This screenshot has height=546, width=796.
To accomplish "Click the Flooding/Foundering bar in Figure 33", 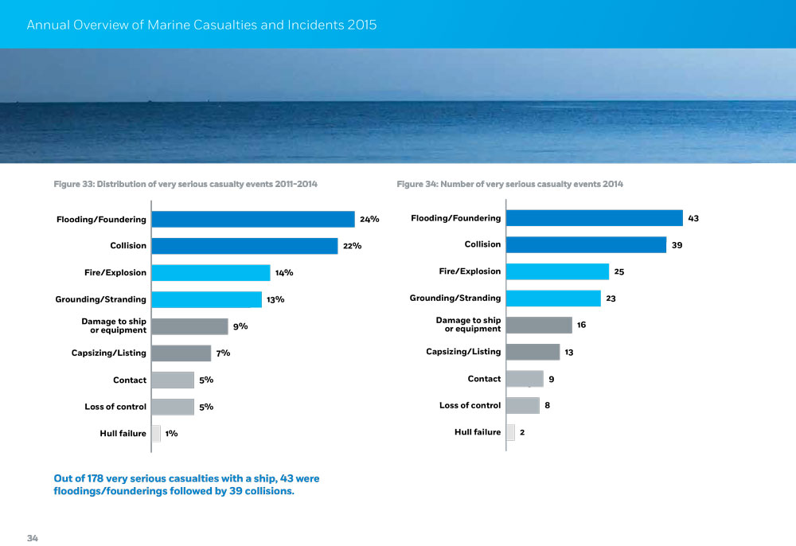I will pos(252,219).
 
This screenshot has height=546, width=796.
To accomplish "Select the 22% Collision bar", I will pos(244,246).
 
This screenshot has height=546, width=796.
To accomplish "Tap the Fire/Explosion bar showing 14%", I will pos(210,273).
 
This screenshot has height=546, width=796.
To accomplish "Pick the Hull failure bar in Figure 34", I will pos(510,432).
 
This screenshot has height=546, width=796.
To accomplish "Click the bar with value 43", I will pos(594,218).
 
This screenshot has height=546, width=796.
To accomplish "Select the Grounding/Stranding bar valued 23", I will pos(553,298).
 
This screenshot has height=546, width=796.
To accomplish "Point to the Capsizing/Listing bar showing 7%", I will pos(181,353).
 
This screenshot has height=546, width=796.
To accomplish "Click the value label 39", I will pos(677,246).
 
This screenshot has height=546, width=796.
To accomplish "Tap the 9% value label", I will pos(240,326).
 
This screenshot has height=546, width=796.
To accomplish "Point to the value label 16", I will pos(581,325).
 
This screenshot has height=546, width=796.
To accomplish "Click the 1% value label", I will pos(171,434).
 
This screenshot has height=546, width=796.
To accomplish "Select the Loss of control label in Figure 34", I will pos(470,405).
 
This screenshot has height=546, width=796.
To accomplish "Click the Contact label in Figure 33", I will pos(129,380).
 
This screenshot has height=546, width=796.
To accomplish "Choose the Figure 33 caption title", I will pos(185,185).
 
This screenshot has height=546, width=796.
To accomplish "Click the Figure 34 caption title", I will pos(509,185).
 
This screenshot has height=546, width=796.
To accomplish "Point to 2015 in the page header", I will pos(362,25).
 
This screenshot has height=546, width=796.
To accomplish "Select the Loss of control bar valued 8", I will pos(522,406).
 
